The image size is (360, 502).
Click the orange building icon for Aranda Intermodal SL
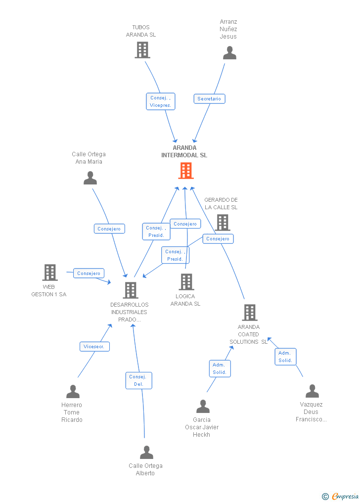(x=185, y=171)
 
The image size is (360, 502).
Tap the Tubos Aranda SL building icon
(x=142, y=50)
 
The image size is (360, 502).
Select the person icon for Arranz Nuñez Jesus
(x=229, y=52)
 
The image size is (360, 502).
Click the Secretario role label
(x=209, y=99)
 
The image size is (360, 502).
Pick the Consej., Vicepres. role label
(x=161, y=101)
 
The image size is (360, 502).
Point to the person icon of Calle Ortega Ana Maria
(x=90, y=178)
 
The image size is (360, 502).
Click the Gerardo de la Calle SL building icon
(x=223, y=223)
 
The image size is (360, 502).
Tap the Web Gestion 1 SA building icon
(x=50, y=273)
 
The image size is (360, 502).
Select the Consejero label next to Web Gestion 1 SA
(x=89, y=273)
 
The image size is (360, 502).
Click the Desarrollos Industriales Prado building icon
(x=131, y=290)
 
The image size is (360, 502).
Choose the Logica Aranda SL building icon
(x=186, y=282)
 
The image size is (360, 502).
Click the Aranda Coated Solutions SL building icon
(x=249, y=313)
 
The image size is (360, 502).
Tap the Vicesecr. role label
(x=94, y=347)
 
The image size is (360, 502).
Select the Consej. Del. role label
(x=138, y=380)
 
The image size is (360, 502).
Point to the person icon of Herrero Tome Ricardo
(x=73, y=392)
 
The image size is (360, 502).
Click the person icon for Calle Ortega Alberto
(x=146, y=453)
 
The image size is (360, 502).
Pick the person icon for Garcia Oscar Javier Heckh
(x=203, y=407)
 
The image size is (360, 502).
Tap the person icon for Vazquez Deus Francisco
(x=312, y=391)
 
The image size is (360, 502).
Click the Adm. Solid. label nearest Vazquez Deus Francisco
(x=285, y=357)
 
